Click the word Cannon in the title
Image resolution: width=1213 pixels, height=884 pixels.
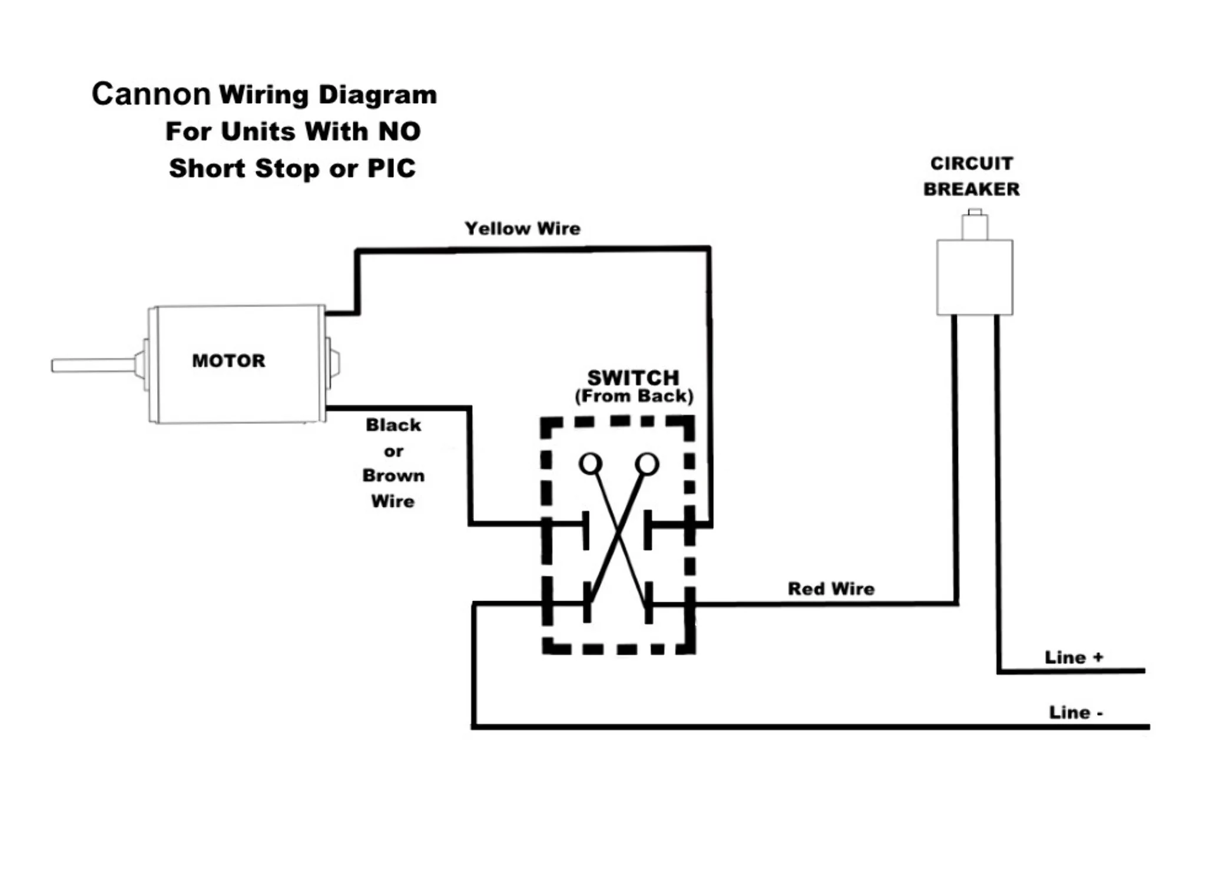point(151,94)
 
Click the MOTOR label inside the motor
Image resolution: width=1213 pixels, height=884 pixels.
point(228,361)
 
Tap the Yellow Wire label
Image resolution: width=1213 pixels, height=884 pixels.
point(522,229)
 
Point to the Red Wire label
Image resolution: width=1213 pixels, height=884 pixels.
point(831,589)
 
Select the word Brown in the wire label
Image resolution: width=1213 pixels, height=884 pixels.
point(393,476)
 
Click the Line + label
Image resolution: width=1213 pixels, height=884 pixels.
point(1073,658)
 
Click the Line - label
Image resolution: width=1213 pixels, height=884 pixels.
point(1075,713)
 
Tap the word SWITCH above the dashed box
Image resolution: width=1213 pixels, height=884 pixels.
point(633,378)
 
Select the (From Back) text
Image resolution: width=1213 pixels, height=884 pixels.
point(634,396)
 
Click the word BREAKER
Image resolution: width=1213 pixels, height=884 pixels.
point(971,189)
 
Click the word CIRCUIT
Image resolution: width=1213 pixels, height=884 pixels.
point(972,163)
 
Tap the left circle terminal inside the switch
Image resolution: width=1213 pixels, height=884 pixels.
point(591,464)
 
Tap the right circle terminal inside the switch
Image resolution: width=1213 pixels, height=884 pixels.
point(647,464)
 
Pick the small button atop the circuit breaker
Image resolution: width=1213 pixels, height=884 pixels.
point(975,226)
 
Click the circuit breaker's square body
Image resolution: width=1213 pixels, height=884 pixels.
point(975,277)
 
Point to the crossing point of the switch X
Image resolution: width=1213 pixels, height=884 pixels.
point(618,534)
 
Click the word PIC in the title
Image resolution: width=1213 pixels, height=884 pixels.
point(391,169)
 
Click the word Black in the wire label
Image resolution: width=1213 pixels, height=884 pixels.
point(393,425)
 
